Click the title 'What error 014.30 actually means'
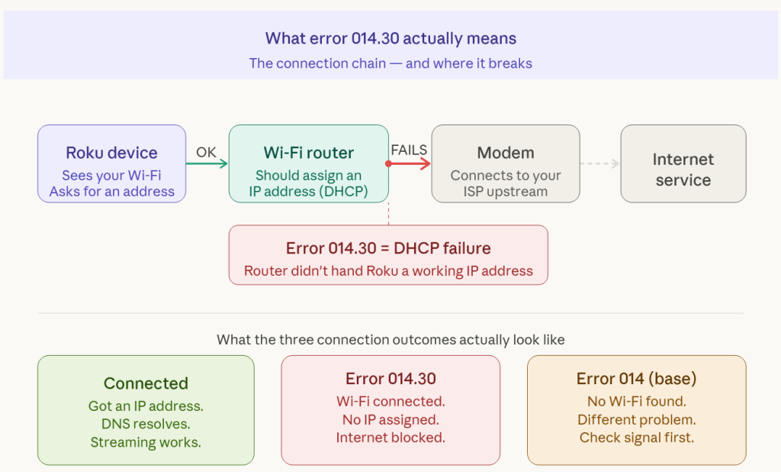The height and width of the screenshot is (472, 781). [x=390, y=38]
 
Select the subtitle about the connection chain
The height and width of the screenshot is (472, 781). [x=390, y=63]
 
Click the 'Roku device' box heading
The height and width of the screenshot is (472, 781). [x=111, y=153]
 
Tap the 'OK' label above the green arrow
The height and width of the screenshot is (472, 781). [x=206, y=152]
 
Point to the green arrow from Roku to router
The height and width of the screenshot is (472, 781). [x=207, y=163]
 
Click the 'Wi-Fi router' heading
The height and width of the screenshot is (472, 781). [x=309, y=153]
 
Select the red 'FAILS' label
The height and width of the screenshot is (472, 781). [x=409, y=150]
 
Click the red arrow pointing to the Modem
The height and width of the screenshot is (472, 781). [x=410, y=163]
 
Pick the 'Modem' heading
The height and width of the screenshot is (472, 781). [x=506, y=153]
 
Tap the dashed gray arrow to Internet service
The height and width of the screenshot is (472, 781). [x=599, y=163]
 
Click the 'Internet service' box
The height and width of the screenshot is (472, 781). [x=683, y=170]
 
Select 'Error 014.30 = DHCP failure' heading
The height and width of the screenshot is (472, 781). [x=388, y=248]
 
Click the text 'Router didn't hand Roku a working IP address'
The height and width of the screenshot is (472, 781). [x=388, y=271]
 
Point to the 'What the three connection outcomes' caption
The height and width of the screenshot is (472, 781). [x=390, y=339]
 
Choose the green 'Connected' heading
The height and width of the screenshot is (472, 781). [x=146, y=383]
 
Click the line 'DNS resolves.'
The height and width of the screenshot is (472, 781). [x=146, y=423]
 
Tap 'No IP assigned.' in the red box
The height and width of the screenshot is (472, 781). [x=390, y=419]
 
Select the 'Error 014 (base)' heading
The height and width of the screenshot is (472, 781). [x=636, y=379]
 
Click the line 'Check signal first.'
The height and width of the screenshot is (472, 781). [x=636, y=438]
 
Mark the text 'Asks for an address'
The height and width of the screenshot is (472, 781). [x=112, y=192]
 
